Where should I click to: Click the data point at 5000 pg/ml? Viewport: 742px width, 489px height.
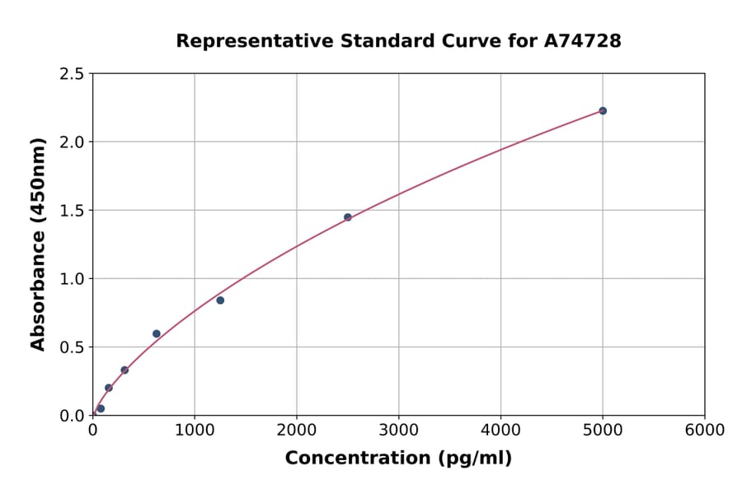click(x=603, y=110)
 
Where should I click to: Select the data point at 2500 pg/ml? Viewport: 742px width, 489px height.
click(x=347, y=217)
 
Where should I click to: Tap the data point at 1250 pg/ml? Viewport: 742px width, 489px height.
click(x=220, y=300)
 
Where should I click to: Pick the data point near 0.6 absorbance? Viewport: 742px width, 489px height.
click(x=157, y=333)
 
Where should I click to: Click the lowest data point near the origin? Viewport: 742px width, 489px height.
click(x=101, y=408)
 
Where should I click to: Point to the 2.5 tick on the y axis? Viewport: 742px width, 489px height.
click(x=73, y=74)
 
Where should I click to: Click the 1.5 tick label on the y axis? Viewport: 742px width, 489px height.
click(x=73, y=211)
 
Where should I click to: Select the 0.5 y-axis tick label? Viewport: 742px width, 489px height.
click(x=73, y=347)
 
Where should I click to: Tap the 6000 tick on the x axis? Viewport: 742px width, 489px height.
click(x=704, y=431)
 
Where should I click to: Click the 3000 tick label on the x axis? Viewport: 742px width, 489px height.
click(x=398, y=431)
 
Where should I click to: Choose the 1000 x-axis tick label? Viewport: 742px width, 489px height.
click(x=195, y=431)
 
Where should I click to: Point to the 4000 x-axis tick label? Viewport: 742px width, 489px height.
click(x=500, y=431)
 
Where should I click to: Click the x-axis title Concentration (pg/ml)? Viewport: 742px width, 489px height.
click(x=398, y=459)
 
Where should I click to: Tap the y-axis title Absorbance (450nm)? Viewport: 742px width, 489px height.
click(x=38, y=244)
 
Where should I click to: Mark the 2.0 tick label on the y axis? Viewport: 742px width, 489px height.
click(x=73, y=142)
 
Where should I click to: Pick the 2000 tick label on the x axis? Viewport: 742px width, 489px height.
click(x=297, y=431)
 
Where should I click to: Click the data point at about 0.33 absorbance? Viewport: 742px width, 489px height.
click(x=124, y=370)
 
